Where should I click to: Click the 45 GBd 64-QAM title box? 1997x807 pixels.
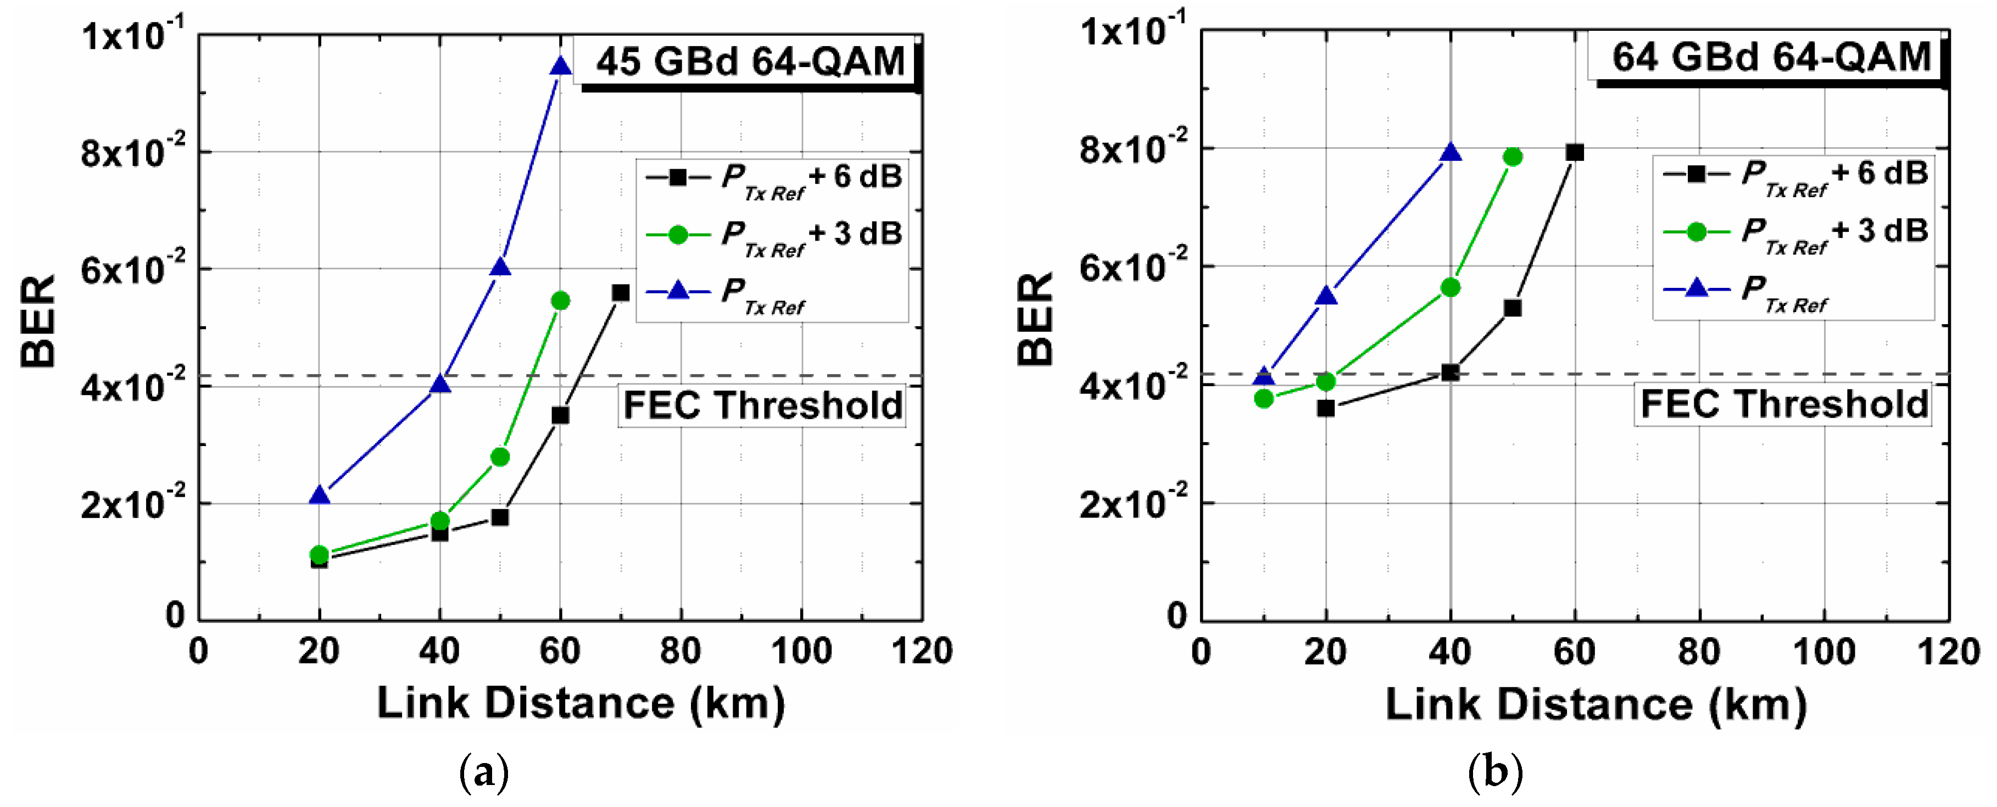[749, 62]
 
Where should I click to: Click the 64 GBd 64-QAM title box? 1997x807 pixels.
[1770, 58]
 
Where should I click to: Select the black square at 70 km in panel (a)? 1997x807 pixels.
[620, 293]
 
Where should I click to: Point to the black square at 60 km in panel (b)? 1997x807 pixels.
[1574, 153]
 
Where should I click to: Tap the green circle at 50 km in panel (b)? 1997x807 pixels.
[1511, 157]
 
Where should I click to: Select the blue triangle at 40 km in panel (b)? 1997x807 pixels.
[1449, 153]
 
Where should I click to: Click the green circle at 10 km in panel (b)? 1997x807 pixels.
[1264, 398]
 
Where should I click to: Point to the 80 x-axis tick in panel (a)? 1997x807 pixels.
[680, 651]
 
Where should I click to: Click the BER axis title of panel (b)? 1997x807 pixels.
[1035, 319]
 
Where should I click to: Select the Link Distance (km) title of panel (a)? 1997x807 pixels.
[581, 704]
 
